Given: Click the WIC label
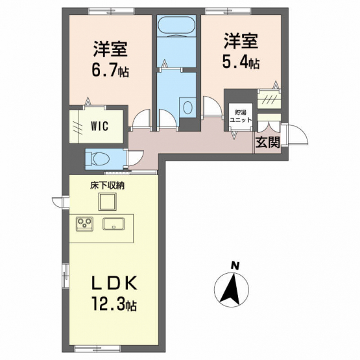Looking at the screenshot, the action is point(99,126).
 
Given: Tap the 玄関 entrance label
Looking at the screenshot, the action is point(268,142).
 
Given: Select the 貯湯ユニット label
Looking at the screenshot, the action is point(241,116).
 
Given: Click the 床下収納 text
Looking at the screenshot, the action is point(107,186).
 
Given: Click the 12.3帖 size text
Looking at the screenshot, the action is point(114,303).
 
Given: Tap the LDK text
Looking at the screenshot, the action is point(114,282).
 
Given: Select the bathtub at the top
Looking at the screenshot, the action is point(176,27).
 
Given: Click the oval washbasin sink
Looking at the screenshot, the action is point(187,108).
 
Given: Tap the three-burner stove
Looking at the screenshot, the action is point(84,224).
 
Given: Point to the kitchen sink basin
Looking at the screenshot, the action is point(114,223).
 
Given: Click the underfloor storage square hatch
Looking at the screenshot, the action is point(108,202).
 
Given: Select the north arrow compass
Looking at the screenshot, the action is point(232,289).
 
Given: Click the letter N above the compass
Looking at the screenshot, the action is point(235,266).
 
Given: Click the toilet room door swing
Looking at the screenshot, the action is point(135,158).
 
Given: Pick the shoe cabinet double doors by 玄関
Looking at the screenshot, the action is point(269,127).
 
